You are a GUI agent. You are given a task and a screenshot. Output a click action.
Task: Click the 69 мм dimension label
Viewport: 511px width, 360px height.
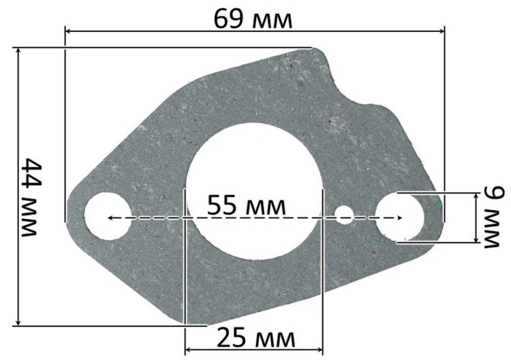coord(253,19)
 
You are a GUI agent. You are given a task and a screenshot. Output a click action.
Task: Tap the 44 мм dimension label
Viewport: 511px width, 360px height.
coord(31,197)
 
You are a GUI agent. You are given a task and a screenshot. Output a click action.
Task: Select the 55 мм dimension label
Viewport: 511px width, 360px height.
coord(246,205)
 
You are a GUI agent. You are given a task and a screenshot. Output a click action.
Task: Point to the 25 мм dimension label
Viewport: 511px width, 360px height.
coord(255,338)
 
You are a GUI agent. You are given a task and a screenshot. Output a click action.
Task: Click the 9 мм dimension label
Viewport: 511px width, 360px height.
coord(493,217)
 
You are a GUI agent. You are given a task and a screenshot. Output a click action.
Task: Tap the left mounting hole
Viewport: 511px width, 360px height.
coord(108,216)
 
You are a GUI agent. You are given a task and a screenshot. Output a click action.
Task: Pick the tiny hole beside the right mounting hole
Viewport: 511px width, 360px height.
coord(345,215)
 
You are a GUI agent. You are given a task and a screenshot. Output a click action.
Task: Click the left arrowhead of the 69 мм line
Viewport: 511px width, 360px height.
coord(67,31)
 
